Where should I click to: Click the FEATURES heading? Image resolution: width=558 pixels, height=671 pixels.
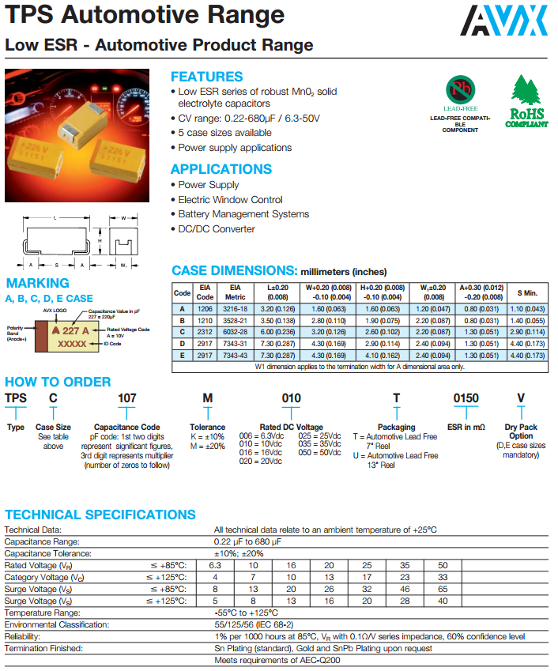(x=207, y=77)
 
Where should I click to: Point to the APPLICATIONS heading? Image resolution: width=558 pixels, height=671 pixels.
(x=221, y=169)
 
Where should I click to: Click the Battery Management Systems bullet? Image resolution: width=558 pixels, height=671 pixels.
(x=243, y=214)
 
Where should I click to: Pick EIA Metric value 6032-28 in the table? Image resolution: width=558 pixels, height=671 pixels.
(x=235, y=333)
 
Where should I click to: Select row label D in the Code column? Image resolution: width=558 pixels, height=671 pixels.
(x=183, y=345)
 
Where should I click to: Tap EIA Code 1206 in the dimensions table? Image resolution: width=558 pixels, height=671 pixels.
(x=205, y=308)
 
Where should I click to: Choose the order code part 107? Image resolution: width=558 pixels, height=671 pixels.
(x=127, y=398)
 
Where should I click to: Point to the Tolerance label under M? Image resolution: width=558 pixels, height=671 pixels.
(x=208, y=427)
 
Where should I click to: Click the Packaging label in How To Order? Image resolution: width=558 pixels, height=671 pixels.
(x=396, y=427)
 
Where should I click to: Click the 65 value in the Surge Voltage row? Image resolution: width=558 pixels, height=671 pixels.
(x=443, y=590)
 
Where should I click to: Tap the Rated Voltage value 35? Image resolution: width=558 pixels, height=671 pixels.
(x=405, y=566)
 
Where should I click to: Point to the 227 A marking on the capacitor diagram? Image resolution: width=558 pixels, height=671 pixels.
(x=70, y=332)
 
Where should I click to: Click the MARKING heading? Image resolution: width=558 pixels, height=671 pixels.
(x=38, y=283)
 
